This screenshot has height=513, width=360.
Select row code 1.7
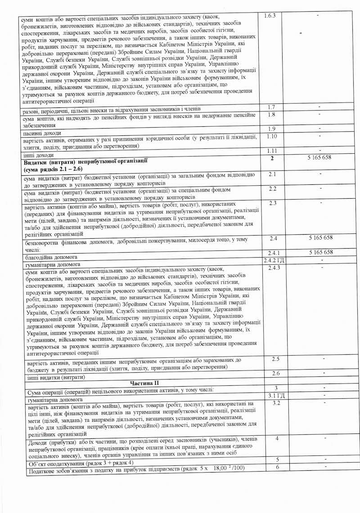click(x=271, y=107)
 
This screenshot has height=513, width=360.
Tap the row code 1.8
click(x=271, y=114)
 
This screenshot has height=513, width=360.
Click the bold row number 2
click(x=271, y=158)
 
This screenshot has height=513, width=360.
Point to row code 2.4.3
click(x=274, y=268)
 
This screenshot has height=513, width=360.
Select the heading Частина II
click(x=144, y=382)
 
